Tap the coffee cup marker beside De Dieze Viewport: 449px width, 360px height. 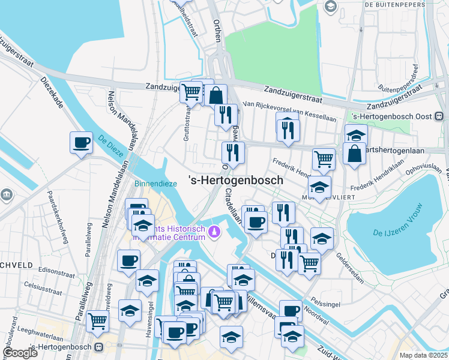tap(81, 143)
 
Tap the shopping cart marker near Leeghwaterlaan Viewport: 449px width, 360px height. tap(97, 320)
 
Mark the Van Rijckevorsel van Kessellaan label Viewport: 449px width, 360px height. tap(289, 111)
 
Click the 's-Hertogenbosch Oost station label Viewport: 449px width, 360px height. tap(394, 116)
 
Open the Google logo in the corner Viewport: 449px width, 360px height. tap(20, 352)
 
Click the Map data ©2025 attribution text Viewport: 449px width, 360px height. tap(423, 355)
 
